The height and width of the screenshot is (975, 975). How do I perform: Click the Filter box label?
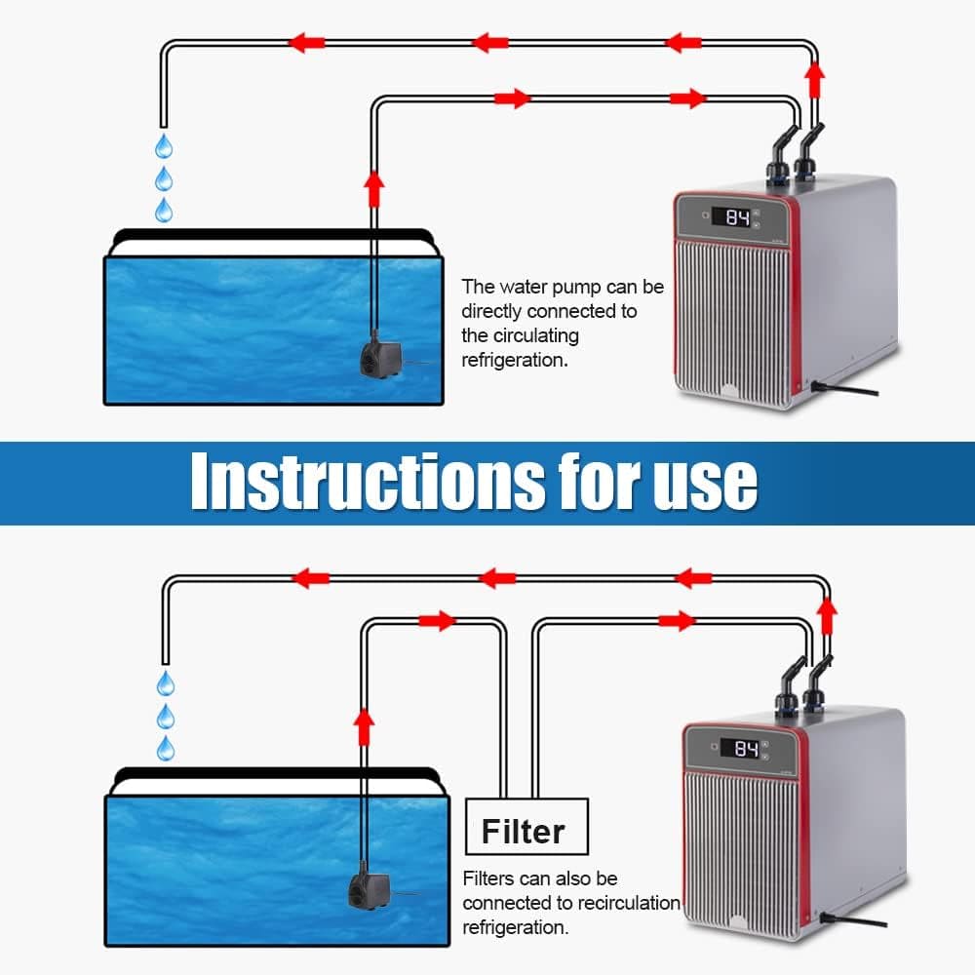coord(524,832)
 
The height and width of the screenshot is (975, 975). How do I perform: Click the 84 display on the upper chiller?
coord(737,217)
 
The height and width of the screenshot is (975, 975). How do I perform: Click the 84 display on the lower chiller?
coord(746,749)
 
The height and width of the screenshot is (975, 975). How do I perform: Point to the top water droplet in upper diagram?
coord(164,147)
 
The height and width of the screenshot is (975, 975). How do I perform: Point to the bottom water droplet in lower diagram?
coord(166,748)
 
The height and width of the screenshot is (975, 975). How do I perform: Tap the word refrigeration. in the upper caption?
coord(515,360)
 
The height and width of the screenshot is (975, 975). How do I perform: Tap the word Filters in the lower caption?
coord(487,878)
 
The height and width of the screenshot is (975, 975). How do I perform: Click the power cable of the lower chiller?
coord(853,921)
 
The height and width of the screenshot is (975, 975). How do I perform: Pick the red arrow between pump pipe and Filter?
coord(438,621)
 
